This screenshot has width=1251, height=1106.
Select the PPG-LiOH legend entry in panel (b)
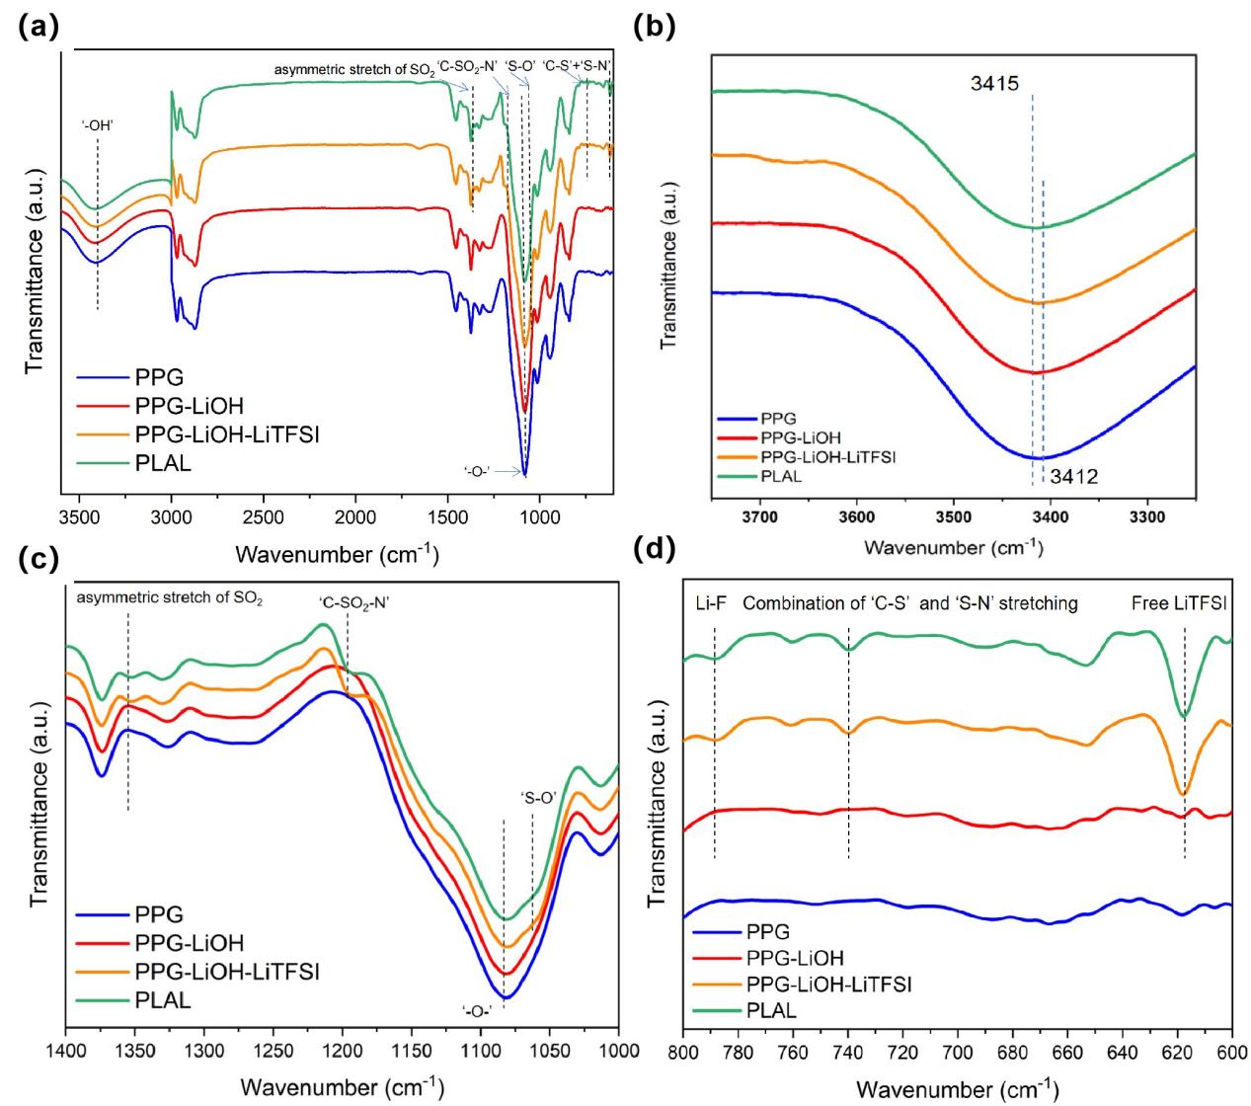802,436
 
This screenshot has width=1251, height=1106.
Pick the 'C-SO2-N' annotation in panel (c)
354,601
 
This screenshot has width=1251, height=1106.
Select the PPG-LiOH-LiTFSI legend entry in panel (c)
226,972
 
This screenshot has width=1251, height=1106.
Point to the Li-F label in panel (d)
708,603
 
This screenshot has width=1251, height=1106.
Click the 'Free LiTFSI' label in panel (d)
1179,603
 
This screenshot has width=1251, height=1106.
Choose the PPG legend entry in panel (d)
768,930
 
